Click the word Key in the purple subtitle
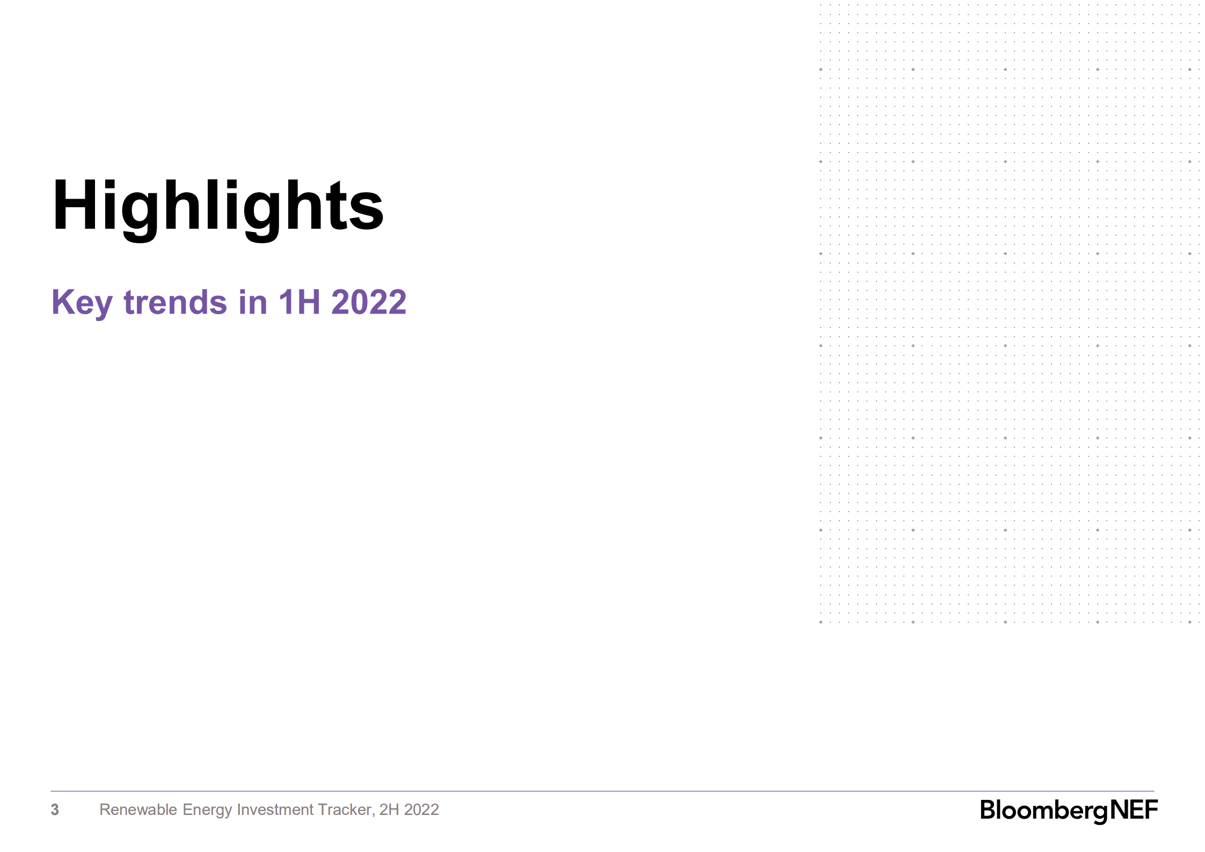point(82,302)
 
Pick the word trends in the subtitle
point(176,302)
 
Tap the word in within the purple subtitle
point(253,302)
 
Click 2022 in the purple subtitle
point(369,302)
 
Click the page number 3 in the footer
point(55,810)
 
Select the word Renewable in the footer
point(138,810)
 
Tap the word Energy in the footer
point(207,810)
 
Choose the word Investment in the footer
point(275,810)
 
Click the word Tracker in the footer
point(345,810)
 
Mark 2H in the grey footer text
point(389,810)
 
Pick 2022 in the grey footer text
point(421,810)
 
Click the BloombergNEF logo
point(1069,810)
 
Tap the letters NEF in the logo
point(1134,810)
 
